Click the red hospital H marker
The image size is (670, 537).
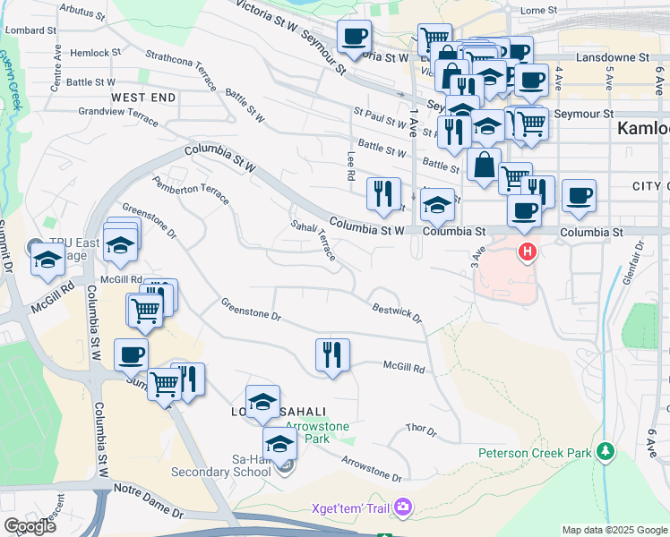(528, 252)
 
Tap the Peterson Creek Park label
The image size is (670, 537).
(535, 453)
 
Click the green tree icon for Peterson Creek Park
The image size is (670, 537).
(606, 449)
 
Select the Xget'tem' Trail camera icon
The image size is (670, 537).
(403, 508)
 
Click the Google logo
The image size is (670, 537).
(30, 525)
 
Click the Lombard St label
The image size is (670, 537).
(30, 30)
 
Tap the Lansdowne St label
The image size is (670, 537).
(613, 56)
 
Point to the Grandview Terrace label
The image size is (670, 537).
(118, 112)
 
